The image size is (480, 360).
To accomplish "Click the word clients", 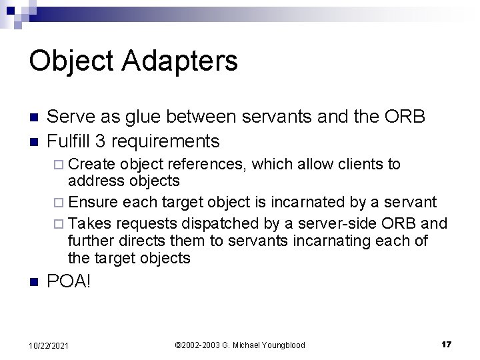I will click(x=363, y=164).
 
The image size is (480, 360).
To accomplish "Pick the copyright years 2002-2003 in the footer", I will click(x=201, y=345).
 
